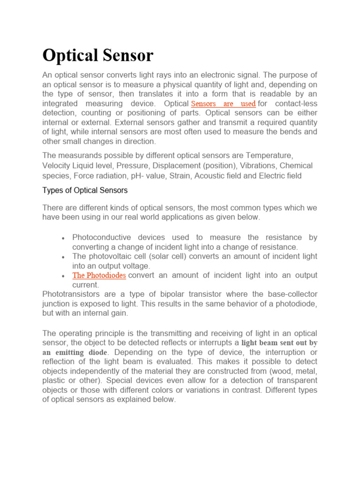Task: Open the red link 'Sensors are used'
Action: coord(224,104)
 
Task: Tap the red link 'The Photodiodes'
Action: coord(99,275)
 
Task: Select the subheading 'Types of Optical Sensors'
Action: coord(85,190)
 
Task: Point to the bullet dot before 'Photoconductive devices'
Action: coord(63,239)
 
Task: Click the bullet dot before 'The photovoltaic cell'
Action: coord(63,257)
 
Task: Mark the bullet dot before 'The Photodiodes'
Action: coord(63,276)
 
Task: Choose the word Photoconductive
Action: coord(102,237)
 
